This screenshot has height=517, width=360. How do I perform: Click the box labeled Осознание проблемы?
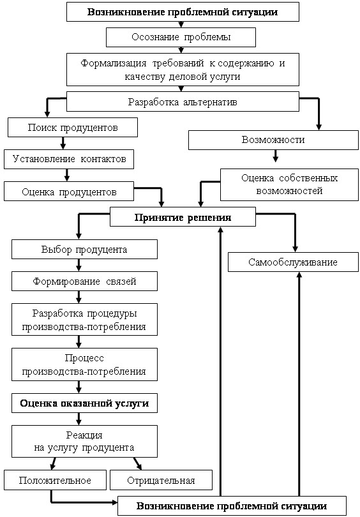pos(181,37)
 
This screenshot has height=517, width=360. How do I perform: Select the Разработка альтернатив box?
pos(183,101)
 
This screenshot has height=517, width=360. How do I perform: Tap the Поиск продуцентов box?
pos(73,127)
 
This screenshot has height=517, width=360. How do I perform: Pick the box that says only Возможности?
pos(273,140)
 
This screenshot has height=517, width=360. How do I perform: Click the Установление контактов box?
pos(69,160)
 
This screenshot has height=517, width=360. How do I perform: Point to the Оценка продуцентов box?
pos(69,191)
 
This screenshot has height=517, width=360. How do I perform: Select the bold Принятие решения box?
pos(183,216)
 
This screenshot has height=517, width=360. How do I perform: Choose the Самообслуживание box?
pos(293,262)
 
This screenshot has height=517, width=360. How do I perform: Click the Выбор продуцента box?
pos(84,250)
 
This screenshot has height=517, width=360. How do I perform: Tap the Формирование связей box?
pos(84,281)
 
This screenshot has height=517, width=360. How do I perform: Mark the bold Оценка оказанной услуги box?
pos(84,403)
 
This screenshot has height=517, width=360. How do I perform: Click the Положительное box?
pos(55,480)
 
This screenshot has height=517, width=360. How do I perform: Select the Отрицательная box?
pos(161,480)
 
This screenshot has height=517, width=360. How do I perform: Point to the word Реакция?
pos(84,435)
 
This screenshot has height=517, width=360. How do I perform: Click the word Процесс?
pos(84,358)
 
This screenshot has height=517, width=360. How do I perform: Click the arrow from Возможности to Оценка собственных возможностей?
pos(276,156)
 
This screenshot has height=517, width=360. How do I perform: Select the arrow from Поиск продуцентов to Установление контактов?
pos(63,143)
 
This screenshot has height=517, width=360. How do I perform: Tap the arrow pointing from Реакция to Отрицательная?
pos(138,463)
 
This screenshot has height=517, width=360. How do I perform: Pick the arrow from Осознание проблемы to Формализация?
pos(181,50)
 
